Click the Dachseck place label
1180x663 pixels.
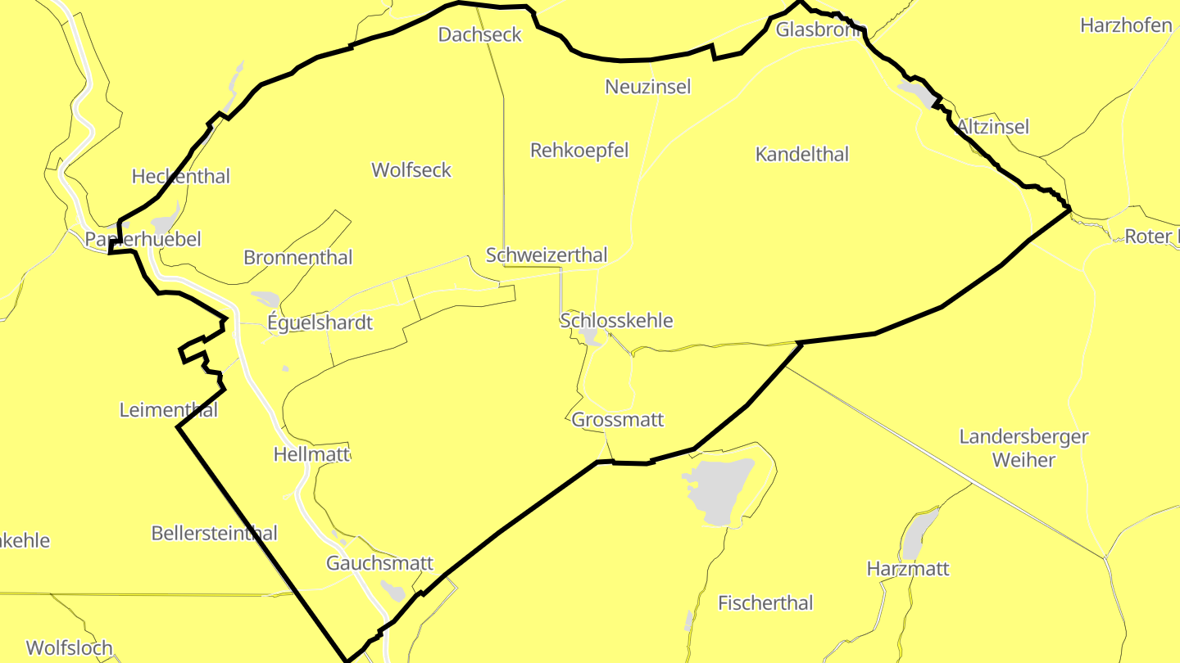tap(479, 34)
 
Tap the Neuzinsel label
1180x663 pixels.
tap(648, 86)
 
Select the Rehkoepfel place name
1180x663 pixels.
tap(579, 150)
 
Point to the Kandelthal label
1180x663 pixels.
tap(802, 154)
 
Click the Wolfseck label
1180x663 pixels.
tap(411, 169)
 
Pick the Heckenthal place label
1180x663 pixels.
tap(181, 176)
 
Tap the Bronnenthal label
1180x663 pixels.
tap(298, 257)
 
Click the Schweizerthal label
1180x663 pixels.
tap(547, 255)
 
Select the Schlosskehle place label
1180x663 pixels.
tap(616, 320)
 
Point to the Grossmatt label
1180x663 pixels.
tap(618, 420)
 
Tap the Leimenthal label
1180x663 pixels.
tap(169, 409)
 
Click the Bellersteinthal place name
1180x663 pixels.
tap(215, 533)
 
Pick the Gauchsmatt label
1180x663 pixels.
tap(379, 563)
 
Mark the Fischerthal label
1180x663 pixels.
tap(765, 603)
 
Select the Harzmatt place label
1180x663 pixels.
tap(908, 568)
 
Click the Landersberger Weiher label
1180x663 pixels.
tap(1024, 448)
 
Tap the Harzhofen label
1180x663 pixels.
tap(1126, 25)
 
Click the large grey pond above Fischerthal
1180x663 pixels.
tap(721, 489)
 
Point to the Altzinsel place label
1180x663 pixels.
tap(993, 127)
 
